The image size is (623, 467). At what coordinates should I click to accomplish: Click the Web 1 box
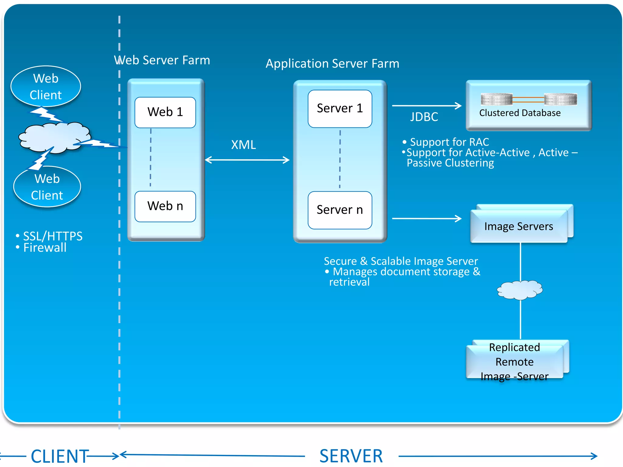(x=165, y=112)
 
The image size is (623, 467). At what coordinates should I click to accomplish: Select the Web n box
(x=165, y=206)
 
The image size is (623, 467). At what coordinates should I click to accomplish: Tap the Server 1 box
(x=340, y=109)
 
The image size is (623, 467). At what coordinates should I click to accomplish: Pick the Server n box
(x=340, y=210)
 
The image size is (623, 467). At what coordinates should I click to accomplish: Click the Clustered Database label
(x=520, y=113)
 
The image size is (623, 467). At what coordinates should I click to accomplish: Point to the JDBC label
(x=424, y=117)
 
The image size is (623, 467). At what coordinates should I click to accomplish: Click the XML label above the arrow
(x=243, y=145)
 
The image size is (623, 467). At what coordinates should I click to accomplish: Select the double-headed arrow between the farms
(x=247, y=160)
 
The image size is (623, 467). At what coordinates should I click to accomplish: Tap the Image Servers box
(x=519, y=227)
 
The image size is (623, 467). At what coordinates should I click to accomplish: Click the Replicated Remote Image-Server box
(x=514, y=362)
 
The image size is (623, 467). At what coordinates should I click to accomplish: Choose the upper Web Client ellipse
(x=46, y=87)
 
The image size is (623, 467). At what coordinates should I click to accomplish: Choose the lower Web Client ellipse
(x=47, y=187)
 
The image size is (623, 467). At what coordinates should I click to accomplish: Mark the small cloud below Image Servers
(x=520, y=290)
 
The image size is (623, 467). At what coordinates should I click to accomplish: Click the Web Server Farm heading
(x=162, y=60)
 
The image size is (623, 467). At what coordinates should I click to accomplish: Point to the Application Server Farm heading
(x=332, y=64)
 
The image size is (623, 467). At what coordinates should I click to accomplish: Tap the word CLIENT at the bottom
(x=60, y=456)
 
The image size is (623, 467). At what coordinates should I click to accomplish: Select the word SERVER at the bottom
(x=351, y=456)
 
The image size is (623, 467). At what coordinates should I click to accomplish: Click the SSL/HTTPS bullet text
(x=52, y=236)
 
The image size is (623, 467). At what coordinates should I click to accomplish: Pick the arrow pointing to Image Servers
(x=426, y=218)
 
